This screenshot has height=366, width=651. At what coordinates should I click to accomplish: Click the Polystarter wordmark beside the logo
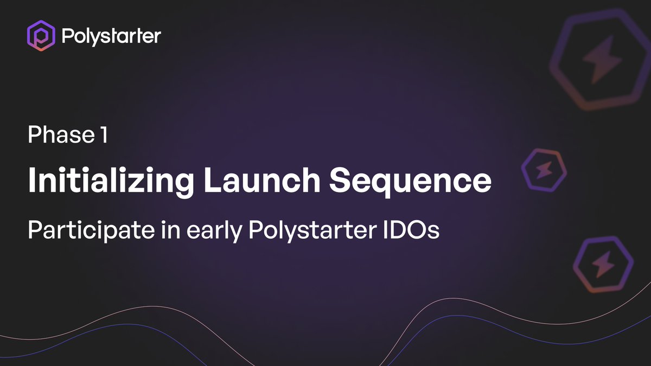point(111,37)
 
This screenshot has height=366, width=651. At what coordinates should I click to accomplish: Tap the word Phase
point(59,135)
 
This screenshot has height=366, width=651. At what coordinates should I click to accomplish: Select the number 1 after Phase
point(104,135)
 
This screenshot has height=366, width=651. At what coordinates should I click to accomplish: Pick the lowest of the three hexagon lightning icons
point(603,266)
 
